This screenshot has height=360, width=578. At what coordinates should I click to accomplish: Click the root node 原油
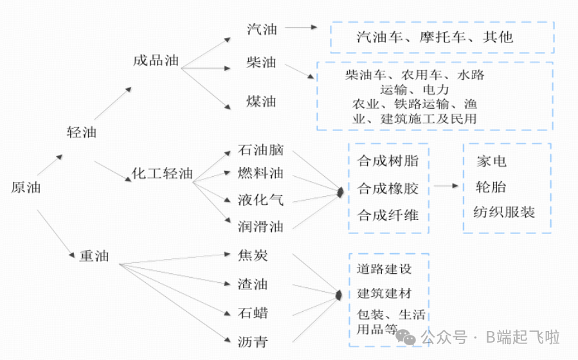click(x=26, y=188)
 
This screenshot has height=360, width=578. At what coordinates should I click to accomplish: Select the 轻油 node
click(x=82, y=132)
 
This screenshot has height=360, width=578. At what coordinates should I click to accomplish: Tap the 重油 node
click(x=94, y=256)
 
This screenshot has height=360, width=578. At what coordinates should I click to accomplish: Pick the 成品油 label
click(x=156, y=61)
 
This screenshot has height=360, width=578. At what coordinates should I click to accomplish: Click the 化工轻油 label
click(x=162, y=174)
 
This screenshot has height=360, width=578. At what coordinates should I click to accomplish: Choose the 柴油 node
click(x=261, y=63)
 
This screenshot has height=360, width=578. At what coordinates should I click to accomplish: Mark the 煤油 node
click(x=261, y=102)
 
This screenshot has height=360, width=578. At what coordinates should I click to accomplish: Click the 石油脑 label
click(x=260, y=150)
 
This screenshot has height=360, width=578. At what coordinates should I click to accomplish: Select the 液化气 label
click(x=260, y=199)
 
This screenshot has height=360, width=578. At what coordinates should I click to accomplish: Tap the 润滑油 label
click(x=260, y=226)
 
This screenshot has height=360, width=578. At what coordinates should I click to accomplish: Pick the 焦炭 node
click(x=253, y=256)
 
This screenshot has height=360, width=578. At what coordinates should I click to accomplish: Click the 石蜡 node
click(x=253, y=313)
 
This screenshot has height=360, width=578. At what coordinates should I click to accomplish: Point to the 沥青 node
click(x=253, y=341)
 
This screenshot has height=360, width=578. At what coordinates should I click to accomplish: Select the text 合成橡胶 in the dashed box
click(x=388, y=188)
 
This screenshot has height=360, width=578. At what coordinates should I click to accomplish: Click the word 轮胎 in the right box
click(x=491, y=187)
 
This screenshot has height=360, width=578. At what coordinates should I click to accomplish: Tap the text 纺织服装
click(x=504, y=212)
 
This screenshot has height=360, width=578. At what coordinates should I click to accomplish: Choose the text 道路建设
click(x=384, y=269)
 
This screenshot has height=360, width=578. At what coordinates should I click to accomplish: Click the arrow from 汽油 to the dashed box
click(x=302, y=28)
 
